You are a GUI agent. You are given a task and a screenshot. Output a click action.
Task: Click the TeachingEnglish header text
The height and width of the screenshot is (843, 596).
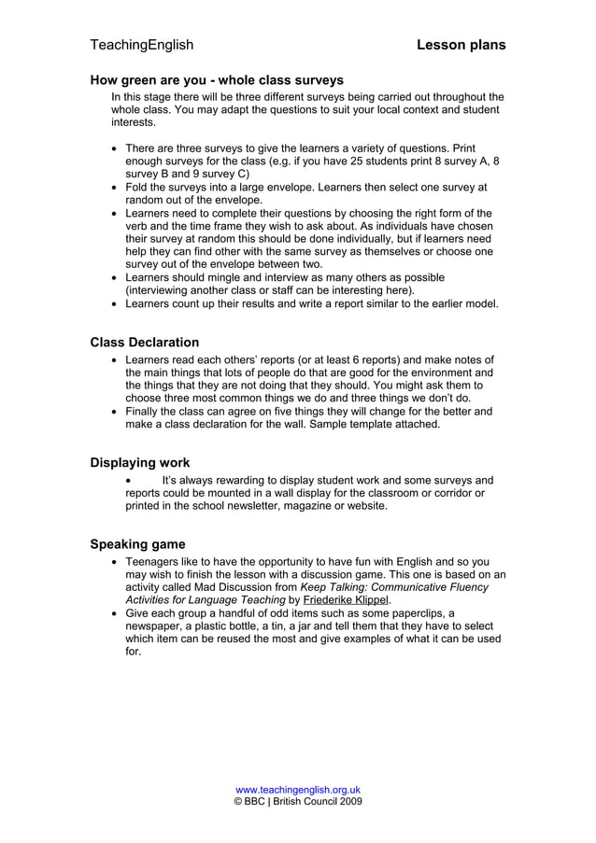141,45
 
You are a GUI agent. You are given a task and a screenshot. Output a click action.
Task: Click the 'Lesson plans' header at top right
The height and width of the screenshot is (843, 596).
461,45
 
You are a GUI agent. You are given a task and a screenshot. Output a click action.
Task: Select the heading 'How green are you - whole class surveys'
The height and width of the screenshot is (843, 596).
216,80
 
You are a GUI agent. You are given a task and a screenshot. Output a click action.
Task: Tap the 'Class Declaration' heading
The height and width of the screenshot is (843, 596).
144,343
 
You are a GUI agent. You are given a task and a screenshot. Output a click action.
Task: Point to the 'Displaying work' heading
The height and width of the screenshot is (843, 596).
139,463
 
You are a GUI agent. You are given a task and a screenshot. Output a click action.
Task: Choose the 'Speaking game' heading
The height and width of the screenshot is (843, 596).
137,544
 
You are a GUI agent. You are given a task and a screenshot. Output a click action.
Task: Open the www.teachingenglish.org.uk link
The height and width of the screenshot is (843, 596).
298,790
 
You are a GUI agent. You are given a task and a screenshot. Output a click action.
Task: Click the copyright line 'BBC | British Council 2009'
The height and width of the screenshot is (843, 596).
298,801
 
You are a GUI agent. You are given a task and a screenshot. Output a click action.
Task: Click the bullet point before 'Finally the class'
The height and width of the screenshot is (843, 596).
114,411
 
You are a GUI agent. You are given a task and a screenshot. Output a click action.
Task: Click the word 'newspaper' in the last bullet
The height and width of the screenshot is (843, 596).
156,626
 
